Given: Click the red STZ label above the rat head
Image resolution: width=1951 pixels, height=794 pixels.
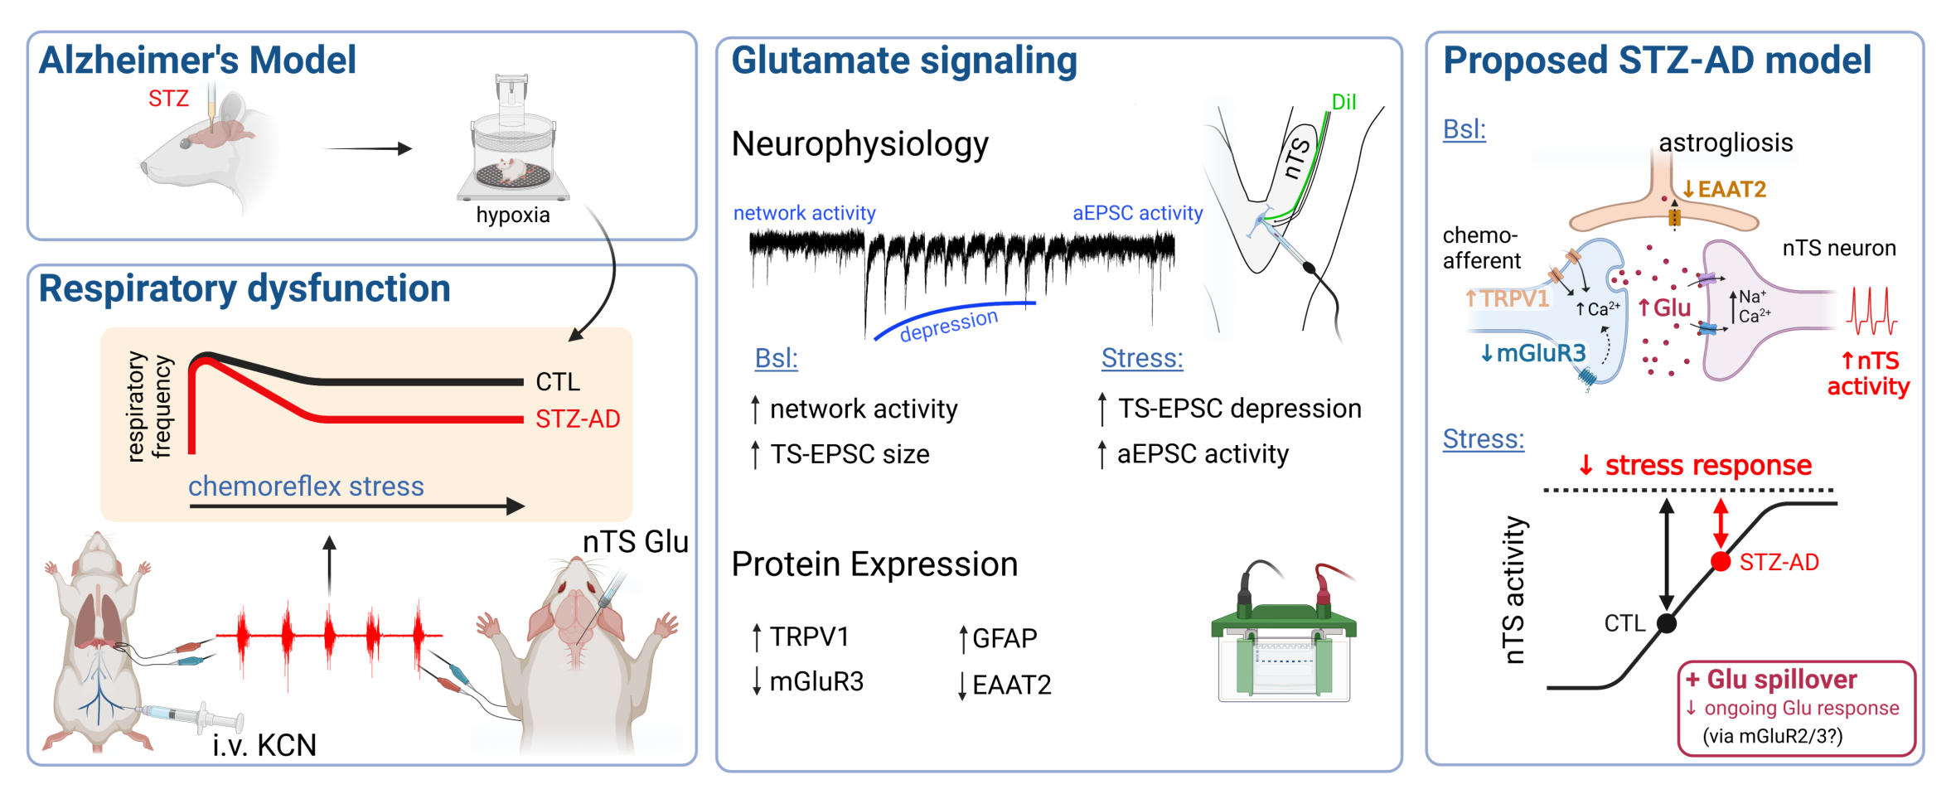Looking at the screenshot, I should pyautogui.click(x=168, y=99).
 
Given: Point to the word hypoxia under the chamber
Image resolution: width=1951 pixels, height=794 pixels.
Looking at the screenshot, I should pyautogui.click(x=513, y=215).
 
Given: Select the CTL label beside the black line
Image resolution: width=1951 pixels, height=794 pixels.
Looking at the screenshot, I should pyautogui.click(x=558, y=382).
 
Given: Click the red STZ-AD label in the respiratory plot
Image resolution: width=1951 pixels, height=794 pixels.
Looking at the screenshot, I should pyautogui.click(x=578, y=419).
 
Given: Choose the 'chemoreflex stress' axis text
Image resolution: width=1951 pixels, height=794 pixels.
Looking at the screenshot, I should pyautogui.click(x=306, y=486).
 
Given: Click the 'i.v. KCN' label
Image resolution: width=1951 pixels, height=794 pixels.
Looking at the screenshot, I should pyautogui.click(x=264, y=745).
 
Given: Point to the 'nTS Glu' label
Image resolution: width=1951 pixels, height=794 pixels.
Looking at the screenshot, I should pyautogui.click(x=635, y=542).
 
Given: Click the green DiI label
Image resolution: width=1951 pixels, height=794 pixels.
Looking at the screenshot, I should pyautogui.click(x=1343, y=102).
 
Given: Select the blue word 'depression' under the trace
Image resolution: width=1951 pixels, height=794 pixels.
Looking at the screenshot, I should pyautogui.click(x=949, y=325).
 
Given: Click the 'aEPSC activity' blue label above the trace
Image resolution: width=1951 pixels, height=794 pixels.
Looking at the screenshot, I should pyautogui.click(x=1137, y=213).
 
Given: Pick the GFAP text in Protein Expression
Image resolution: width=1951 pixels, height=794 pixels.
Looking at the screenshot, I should pyautogui.click(x=1005, y=638).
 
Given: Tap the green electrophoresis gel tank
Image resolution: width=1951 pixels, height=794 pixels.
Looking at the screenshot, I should pyautogui.click(x=1284, y=638).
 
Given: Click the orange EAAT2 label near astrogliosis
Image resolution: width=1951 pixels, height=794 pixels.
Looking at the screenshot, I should pyautogui.click(x=1731, y=189).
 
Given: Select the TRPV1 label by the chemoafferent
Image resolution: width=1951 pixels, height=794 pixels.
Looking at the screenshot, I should pyautogui.click(x=1514, y=298).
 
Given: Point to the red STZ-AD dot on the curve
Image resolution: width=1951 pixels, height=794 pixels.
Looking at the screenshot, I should pyautogui.click(x=1721, y=562).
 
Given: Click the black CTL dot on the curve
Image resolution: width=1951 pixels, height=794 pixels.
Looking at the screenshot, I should pyautogui.click(x=1667, y=623).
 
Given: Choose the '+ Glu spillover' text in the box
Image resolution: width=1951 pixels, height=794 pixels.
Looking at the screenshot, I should pyautogui.click(x=1781, y=680).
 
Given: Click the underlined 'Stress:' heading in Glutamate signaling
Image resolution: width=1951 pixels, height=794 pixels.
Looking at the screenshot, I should pyautogui.click(x=1142, y=358).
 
